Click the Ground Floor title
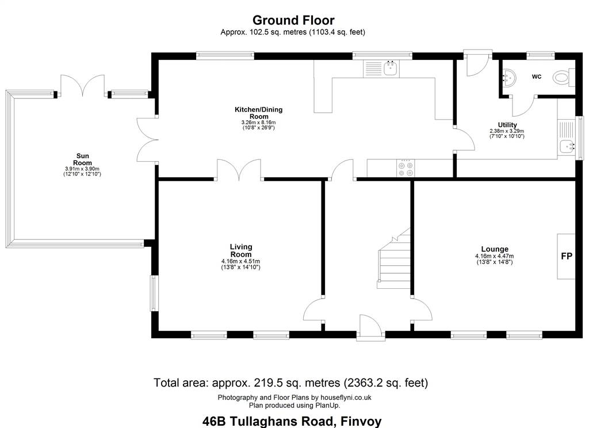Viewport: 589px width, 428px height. (293, 20)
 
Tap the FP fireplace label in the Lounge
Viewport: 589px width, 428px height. (567, 256)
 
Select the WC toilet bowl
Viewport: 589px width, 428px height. (563, 78)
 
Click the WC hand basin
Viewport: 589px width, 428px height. (509, 78)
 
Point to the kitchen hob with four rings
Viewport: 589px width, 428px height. (406, 168)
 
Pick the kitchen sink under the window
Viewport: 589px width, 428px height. (391, 68)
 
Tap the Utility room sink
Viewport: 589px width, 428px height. (567, 146)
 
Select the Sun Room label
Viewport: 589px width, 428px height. (83, 159)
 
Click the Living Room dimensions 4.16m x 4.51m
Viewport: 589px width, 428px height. (241, 262)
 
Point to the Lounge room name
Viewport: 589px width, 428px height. (495, 249)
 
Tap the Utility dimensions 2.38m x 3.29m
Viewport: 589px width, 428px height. (507, 131)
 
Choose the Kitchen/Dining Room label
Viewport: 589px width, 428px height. (258, 113)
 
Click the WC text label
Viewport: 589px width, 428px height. (537, 77)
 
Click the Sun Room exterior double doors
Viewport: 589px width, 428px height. (83, 86)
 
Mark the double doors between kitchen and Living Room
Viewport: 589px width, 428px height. (239, 170)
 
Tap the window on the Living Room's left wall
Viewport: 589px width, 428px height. (154, 293)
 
